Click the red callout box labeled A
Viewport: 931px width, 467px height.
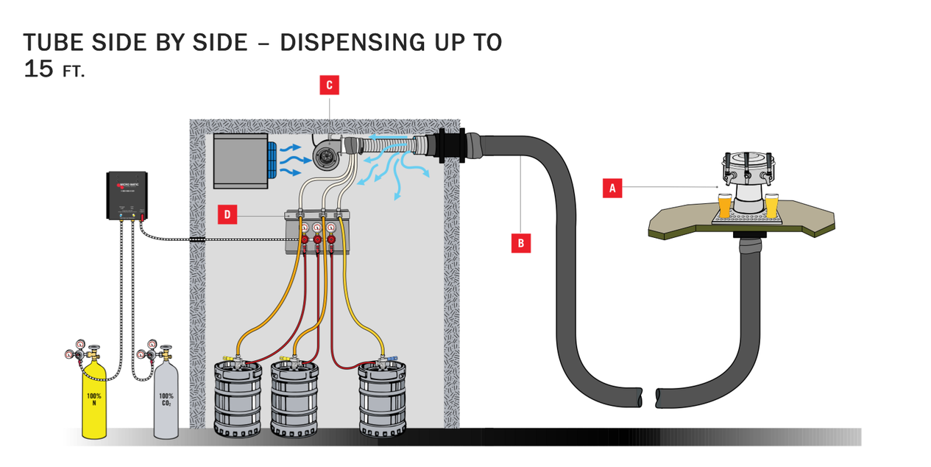pyautogui.click(x=612, y=189)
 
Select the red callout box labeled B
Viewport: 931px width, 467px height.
pyautogui.click(x=521, y=242)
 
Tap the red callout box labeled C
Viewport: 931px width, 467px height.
pyautogui.click(x=329, y=85)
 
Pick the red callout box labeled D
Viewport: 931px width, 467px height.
pyautogui.click(x=228, y=215)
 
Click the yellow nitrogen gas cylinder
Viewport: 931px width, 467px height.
pyautogui.click(x=93, y=401)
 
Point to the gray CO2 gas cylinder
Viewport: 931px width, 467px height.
pyautogui.click(x=166, y=401)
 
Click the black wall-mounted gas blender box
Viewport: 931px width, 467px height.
pyautogui.click(x=128, y=195)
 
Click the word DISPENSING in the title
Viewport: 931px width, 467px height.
pyautogui.click(x=344, y=43)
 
